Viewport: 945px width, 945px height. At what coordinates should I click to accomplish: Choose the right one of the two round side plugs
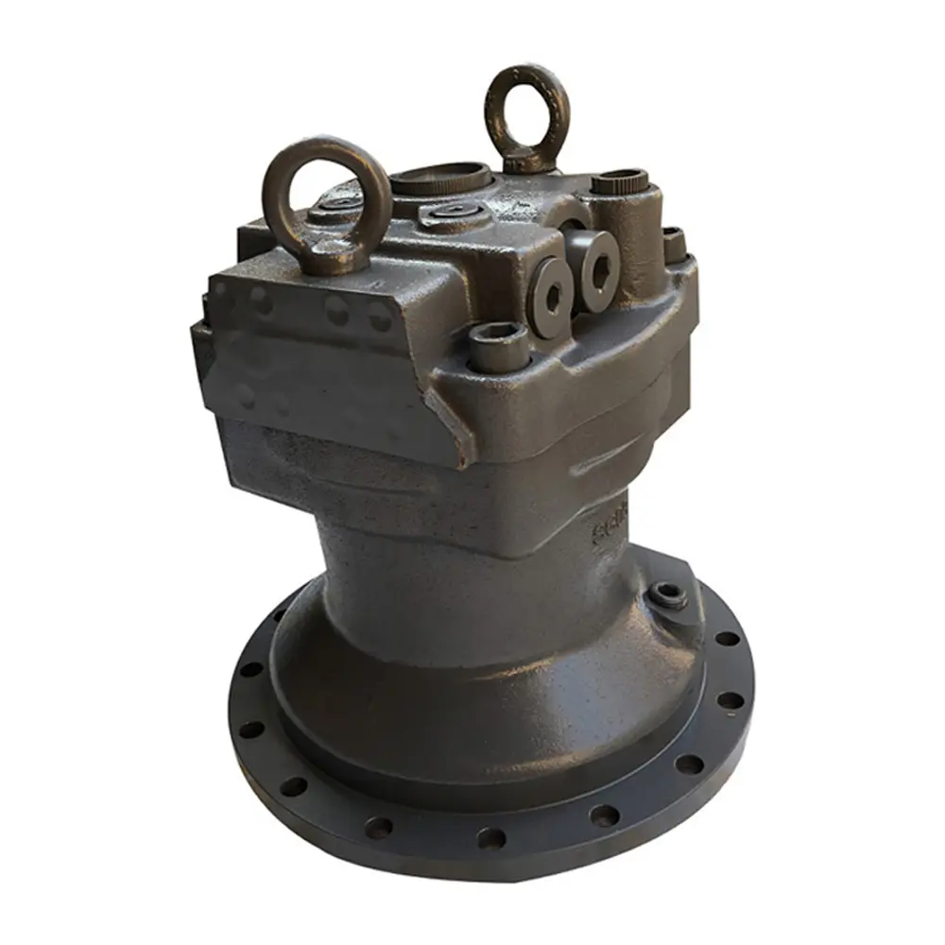[x=597, y=270]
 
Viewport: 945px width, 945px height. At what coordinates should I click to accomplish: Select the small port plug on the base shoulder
[x=669, y=595]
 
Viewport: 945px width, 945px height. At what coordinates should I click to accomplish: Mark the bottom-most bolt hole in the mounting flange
[x=490, y=837]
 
